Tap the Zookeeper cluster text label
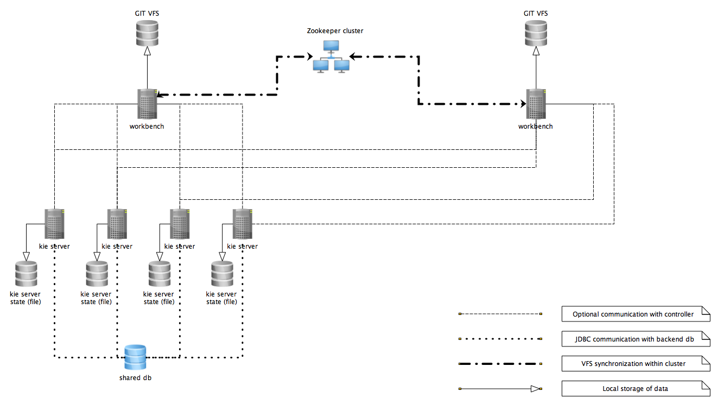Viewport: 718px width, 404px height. (335, 31)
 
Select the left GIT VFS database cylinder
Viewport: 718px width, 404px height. (147, 33)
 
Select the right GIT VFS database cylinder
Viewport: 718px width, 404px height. (536, 33)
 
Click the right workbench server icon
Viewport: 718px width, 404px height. (536, 104)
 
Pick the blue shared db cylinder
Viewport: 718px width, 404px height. (135, 358)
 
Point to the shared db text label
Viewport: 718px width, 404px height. (135, 378)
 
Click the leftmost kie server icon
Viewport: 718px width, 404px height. (54, 224)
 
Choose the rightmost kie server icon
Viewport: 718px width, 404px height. (242, 224)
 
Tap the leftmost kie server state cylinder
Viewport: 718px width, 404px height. (26, 274)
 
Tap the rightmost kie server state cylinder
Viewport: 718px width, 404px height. (221, 274)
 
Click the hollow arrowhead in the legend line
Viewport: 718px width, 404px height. (536, 389)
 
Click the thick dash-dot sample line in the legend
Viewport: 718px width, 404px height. (500, 364)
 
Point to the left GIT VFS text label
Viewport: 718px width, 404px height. (147, 12)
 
